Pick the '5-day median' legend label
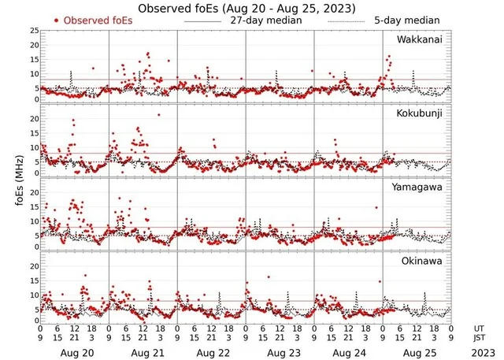(406, 20)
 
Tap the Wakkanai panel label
(420, 39)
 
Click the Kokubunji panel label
(420, 113)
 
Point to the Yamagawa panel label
(419, 187)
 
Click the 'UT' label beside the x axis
(479, 328)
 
